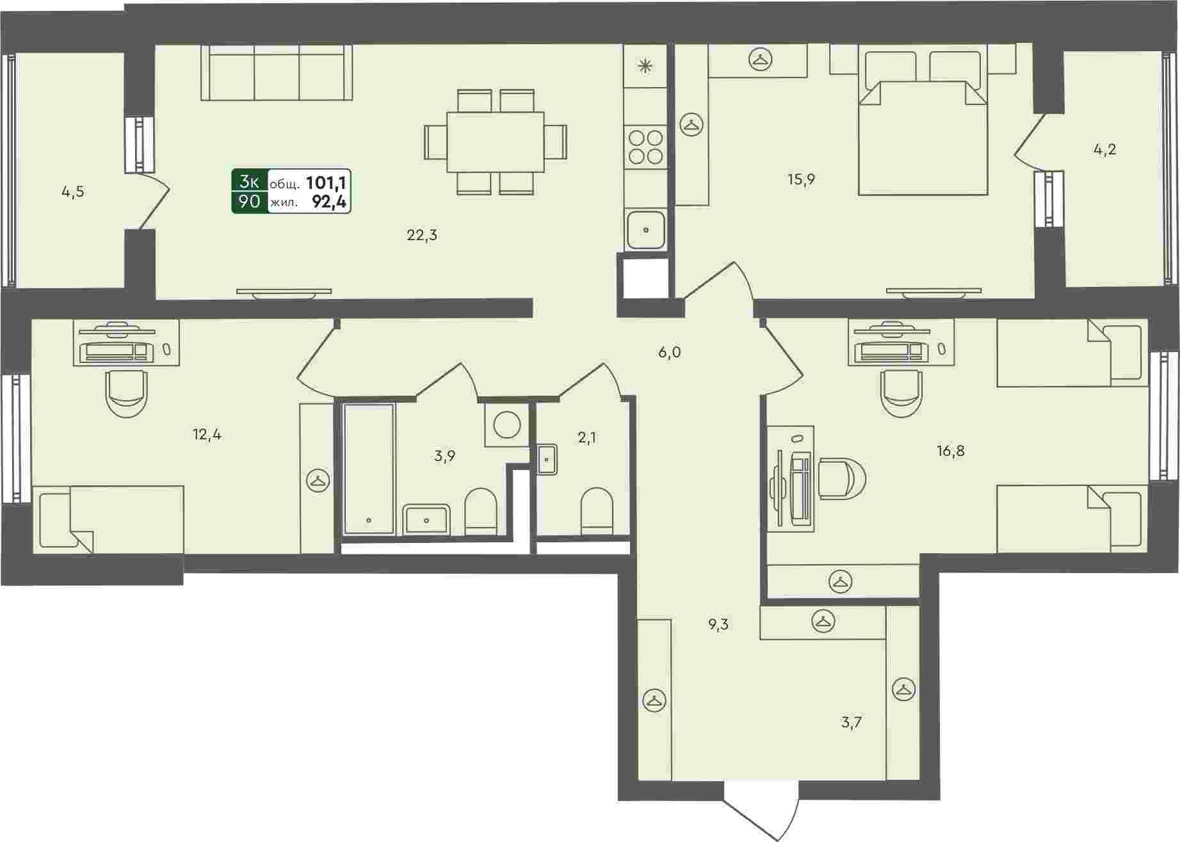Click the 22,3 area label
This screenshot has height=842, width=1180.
tap(422, 236)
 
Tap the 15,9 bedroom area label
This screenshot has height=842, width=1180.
tap(801, 179)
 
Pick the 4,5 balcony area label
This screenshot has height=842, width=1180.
tap(73, 192)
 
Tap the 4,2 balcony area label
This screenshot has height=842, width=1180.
tap(1104, 150)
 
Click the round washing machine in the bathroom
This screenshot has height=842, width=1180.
tap(507, 424)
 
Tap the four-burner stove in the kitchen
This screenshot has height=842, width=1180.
tap(645, 146)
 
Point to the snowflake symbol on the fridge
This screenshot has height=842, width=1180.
tap(645, 65)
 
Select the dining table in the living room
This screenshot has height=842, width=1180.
tap(495, 142)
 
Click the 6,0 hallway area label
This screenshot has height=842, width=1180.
tap(668, 352)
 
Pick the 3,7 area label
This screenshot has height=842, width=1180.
tap(852, 723)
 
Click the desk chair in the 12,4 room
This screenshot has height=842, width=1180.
tap(126, 394)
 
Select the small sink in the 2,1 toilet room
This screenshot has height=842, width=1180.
tap(547, 459)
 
